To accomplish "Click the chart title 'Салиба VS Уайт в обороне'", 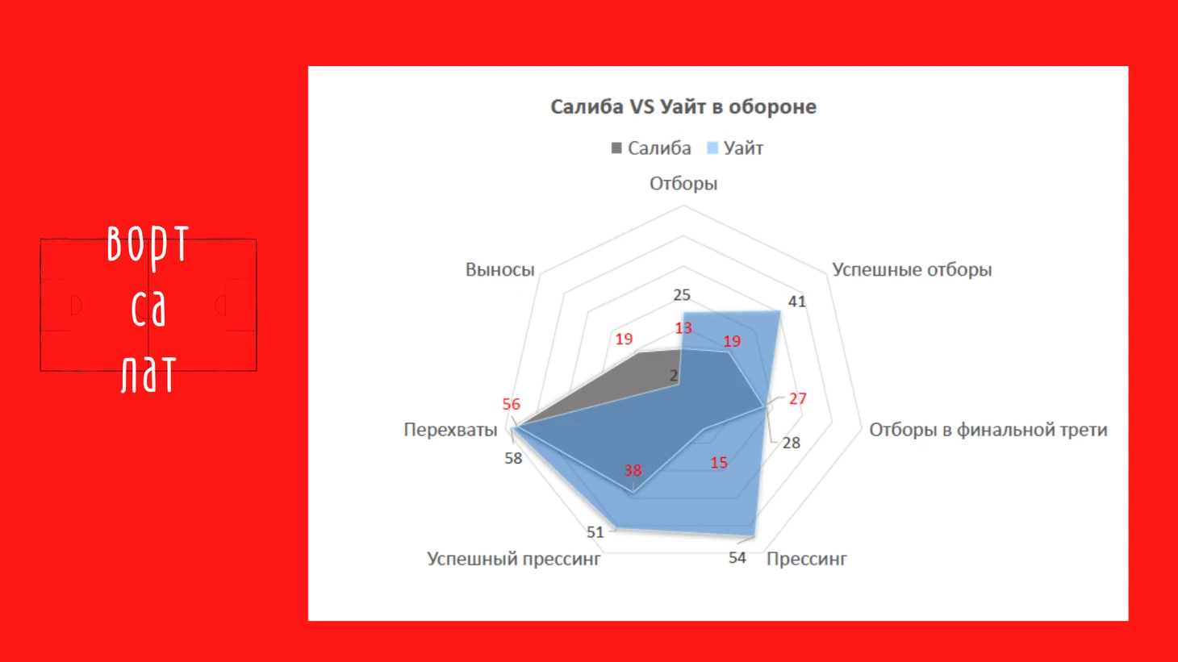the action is point(683,106).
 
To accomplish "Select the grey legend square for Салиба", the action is point(616,148).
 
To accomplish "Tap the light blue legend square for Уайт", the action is point(712,148).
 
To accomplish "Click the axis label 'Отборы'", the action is point(683,184).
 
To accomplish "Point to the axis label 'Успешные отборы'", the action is point(912,269).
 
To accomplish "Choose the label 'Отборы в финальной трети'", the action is point(988,430).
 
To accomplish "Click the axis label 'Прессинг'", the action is point(806,559).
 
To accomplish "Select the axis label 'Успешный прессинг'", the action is point(514,559).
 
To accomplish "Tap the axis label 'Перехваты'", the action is point(450,430).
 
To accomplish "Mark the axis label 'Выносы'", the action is point(499,269).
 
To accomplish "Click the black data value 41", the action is point(796,302).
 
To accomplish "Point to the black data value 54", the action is point(737,558).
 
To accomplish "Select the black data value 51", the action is point(595,532).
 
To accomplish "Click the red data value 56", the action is point(512,404).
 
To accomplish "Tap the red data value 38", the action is point(633,470).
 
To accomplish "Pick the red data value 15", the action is point(719,463).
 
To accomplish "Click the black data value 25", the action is point(682,295).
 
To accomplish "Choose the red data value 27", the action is point(798,399).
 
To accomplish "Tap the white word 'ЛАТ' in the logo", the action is point(148,373).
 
